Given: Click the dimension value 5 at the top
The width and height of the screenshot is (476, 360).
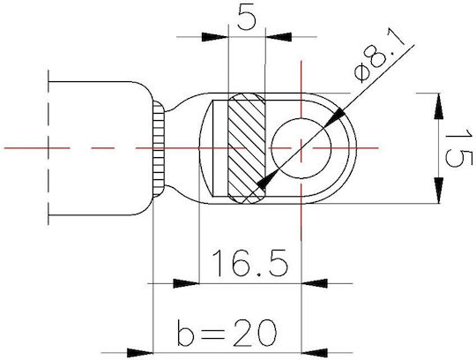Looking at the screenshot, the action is (246, 18).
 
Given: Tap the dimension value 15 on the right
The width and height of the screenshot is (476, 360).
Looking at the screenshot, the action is (459, 148).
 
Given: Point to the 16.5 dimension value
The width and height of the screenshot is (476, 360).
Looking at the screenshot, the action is (249, 263).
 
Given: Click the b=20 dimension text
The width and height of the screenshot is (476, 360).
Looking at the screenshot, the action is (227, 332).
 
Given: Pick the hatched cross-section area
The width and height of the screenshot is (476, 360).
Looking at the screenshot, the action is (246, 148).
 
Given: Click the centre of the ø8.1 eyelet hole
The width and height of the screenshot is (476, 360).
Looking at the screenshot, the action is (301, 148).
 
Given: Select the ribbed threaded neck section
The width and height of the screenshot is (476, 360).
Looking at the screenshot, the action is (159, 149).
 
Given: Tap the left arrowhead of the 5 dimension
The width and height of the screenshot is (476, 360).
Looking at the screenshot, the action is (214, 37).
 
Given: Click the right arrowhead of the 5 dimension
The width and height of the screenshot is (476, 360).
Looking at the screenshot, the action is (279, 37).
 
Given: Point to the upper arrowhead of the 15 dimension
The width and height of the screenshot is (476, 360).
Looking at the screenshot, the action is (438, 106).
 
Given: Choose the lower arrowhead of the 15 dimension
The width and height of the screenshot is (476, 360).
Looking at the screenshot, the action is (438, 191).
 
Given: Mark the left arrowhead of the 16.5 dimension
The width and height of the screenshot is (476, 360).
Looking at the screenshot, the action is (186, 283).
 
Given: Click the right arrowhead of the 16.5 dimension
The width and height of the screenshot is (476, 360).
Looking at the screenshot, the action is (314, 283).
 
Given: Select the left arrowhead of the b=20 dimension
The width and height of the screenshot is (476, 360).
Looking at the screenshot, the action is (139, 353).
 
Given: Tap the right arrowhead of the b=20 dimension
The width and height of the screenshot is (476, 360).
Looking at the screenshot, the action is (314, 353).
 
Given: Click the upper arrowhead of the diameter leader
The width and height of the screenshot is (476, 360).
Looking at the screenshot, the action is (335, 118).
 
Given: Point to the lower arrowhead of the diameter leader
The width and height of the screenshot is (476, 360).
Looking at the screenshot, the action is (268, 179).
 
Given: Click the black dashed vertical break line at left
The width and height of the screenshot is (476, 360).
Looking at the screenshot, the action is (48, 147).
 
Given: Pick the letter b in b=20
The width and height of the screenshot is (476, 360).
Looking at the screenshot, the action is (185, 332).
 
